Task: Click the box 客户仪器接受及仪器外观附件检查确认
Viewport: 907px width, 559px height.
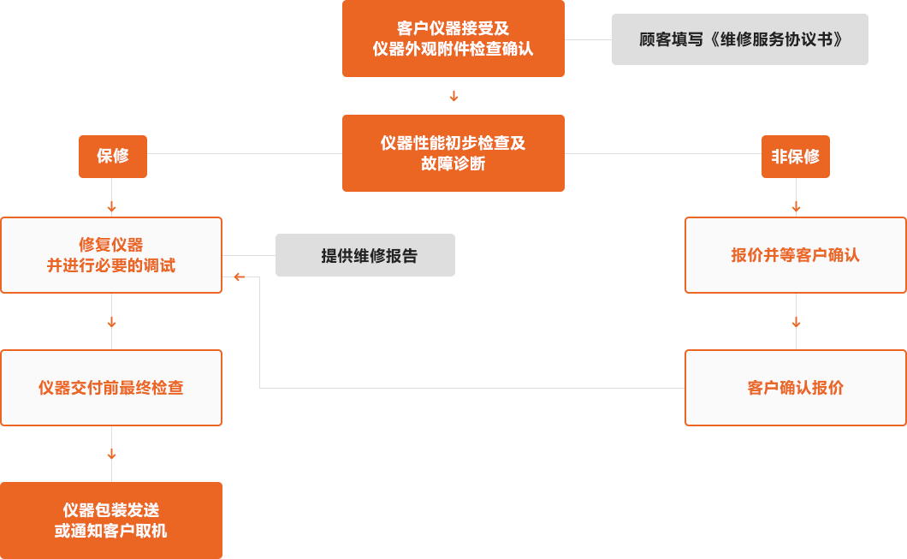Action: coord(453,39)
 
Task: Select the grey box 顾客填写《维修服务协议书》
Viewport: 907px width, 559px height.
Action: coord(739,39)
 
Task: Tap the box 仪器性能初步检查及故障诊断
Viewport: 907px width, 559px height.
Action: coord(453,153)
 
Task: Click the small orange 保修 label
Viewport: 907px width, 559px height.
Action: coord(112,157)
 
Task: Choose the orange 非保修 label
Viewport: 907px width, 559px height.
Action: coord(795,157)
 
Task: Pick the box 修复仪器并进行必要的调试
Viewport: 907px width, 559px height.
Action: coord(111,255)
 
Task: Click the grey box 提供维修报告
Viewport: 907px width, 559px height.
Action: coord(365,255)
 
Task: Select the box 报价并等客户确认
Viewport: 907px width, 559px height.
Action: coord(795,255)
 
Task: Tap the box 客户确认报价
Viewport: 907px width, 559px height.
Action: coord(795,388)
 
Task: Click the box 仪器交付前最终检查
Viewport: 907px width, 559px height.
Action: coord(111,388)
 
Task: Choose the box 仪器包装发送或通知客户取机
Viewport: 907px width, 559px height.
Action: coord(111,520)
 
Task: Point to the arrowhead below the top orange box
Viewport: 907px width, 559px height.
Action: coord(453,97)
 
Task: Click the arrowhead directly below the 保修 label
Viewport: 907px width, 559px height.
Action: coord(111,208)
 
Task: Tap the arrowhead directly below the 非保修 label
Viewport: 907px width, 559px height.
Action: coord(796,208)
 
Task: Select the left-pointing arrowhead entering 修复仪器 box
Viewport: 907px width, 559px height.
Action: coord(238,277)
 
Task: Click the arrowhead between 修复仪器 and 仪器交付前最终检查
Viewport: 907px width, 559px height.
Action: coord(111,324)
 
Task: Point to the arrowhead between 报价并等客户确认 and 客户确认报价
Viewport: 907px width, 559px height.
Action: coord(796,324)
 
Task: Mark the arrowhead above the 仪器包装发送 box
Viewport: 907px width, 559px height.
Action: coord(111,455)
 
